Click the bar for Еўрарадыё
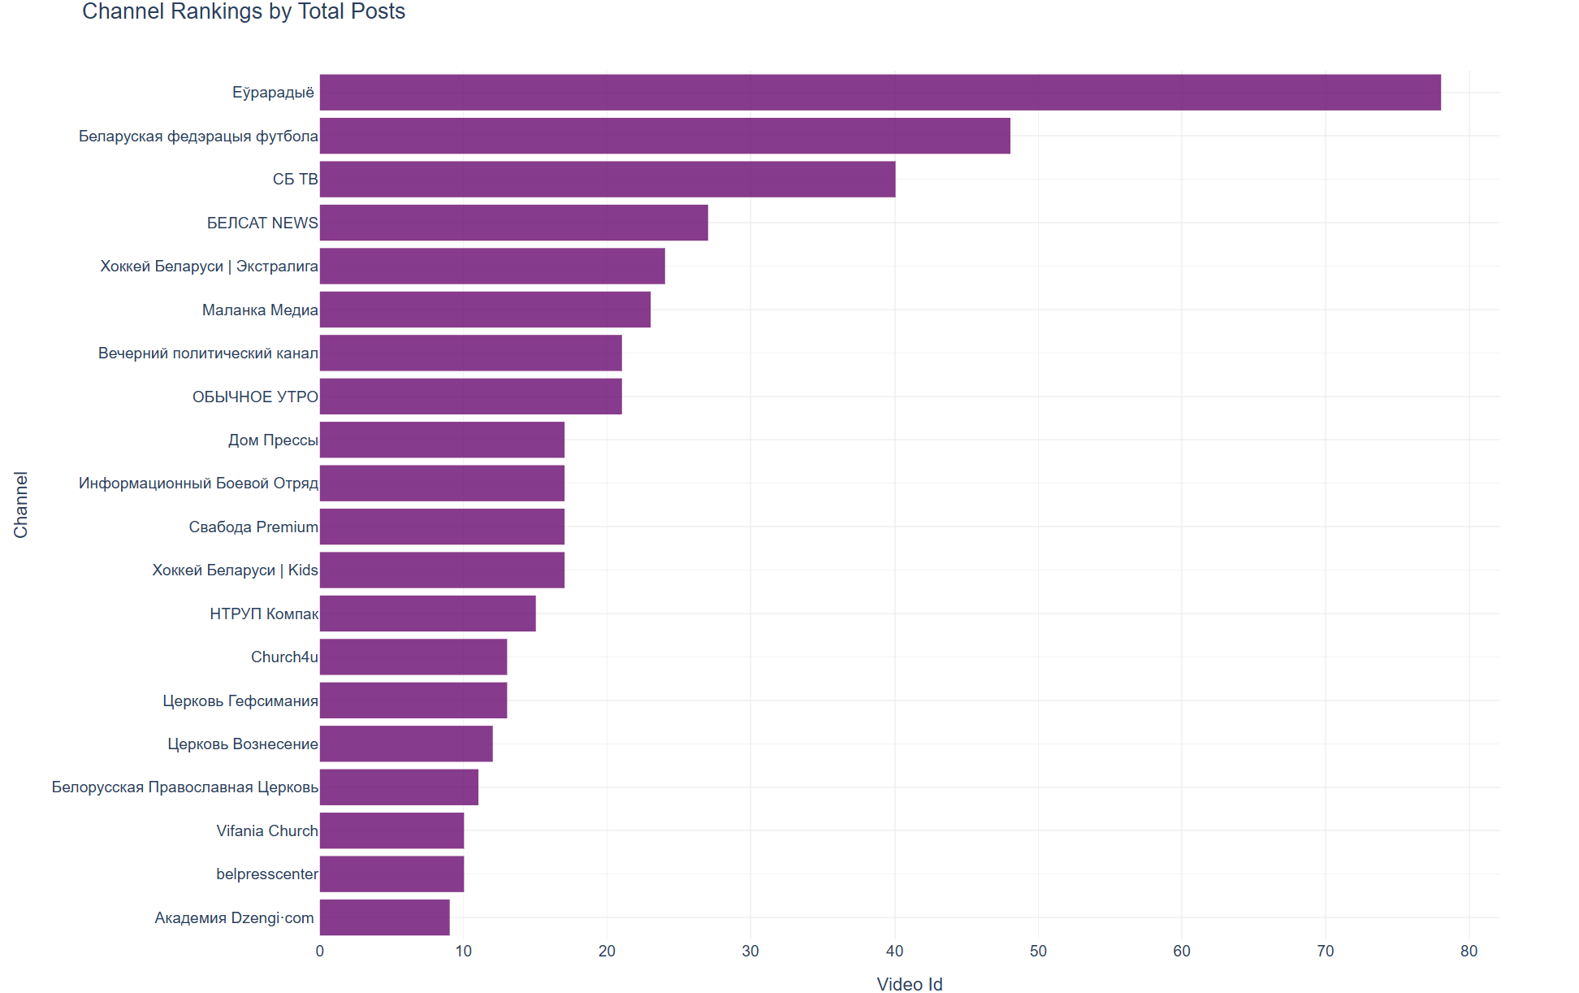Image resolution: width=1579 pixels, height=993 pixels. point(880,93)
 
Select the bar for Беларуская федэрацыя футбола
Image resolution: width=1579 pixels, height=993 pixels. point(664,136)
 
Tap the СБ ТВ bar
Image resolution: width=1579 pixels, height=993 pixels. point(607,180)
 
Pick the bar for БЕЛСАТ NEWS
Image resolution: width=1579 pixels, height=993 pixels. point(513,223)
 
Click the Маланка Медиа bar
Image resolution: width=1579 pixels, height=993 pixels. point(485,310)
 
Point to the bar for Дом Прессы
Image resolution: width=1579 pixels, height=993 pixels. point(442,440)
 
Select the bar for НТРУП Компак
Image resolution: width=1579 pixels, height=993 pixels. point(427,614)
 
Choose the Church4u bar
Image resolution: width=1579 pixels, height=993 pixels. point(413,657)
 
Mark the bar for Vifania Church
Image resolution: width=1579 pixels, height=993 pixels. point(392,830)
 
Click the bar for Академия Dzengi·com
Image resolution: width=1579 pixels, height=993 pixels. point(384,917)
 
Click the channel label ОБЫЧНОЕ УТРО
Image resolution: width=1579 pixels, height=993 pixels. point(255,397)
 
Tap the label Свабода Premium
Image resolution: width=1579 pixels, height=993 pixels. point(253,527)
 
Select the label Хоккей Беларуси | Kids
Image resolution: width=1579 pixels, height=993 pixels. point(235,570)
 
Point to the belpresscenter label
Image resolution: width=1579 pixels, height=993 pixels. point(267,874)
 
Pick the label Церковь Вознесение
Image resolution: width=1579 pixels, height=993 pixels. point(243,744)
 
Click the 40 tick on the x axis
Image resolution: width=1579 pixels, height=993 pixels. point(894,951)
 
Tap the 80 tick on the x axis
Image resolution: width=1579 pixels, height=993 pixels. point(1469,951)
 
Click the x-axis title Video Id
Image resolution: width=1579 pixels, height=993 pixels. point(910,984)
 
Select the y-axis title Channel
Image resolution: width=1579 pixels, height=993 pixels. point(20,505)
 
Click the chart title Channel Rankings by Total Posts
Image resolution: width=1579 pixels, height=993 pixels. point(244,11)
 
